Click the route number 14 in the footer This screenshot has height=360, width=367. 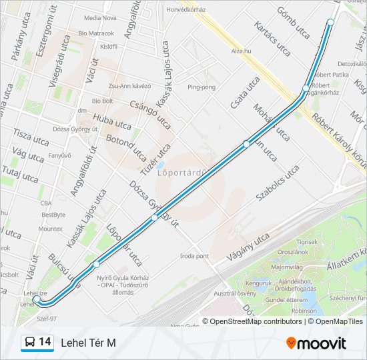pyautogui.click(x=45, y=342)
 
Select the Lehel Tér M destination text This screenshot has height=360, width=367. pyautogui.click(x=88, y=343)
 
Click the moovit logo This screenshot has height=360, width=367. pyautogui.click(x=316, y=343)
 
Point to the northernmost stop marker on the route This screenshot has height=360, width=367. pyautogui.click(x=330, y=23)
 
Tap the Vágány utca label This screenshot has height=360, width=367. pyautogui.click(x=249, y=246)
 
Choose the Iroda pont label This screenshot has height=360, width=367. pyautogui.click(x=194, y=256)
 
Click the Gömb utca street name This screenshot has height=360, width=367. pyautogui.click(x=294, y=23)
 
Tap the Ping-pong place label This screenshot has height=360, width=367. pyautogui.click(x=202, y=87)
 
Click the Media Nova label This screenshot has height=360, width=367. pyautogui.click(x=101, y=18)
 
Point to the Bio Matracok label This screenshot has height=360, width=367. pyautogui.click(x=96, y=33)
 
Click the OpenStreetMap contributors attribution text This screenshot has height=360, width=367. pyautogui.click(x=256, y=321)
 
